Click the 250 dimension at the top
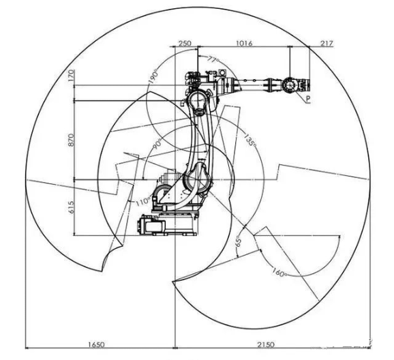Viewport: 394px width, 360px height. tap(184, 43)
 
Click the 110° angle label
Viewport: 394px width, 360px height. tap(141, 202)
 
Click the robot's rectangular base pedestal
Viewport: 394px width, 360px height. tap(168, 224)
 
